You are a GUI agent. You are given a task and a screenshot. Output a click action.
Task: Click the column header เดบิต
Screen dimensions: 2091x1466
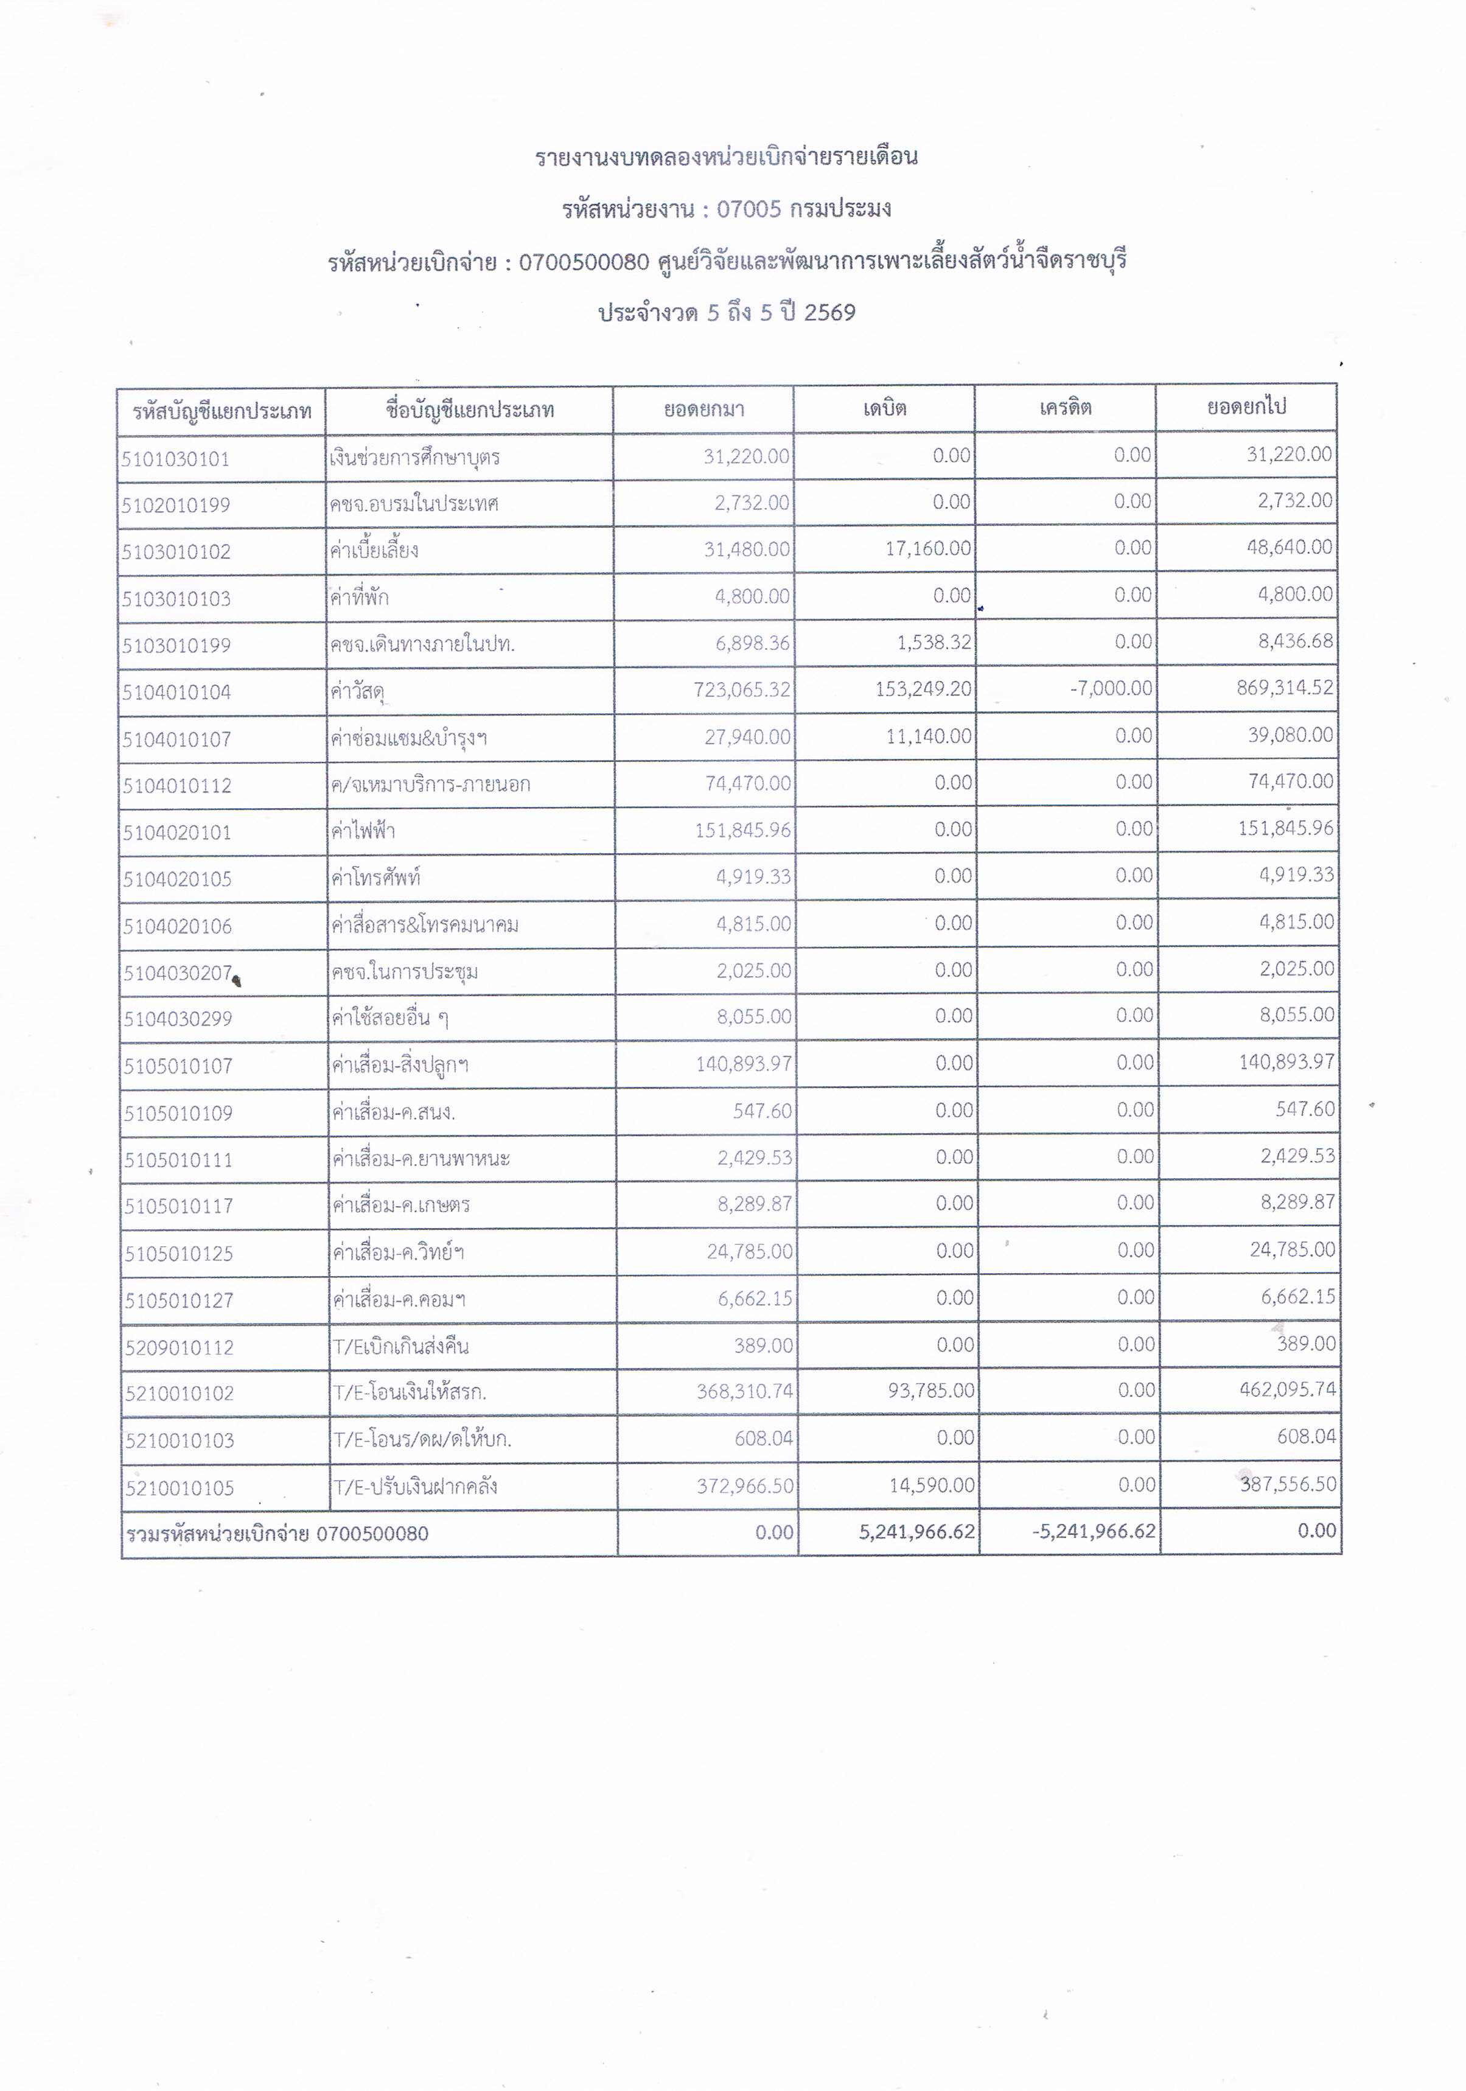pos(884,408)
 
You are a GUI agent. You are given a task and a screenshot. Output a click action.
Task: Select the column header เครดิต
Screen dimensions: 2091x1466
pos(1064,407)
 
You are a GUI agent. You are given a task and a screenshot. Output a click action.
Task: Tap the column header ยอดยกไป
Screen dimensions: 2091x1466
pos(1246,406)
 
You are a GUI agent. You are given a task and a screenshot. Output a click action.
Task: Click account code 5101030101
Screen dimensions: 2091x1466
pos(176,459)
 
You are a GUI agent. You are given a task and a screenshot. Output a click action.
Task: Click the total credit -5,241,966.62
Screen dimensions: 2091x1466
pos(1094,1532)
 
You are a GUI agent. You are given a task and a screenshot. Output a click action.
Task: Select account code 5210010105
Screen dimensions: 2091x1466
pos(180,1488)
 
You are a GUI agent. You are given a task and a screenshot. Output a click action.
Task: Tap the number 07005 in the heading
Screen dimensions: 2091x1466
pos(749,209)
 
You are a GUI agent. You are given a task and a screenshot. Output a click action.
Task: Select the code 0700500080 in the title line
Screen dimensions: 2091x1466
pos(584,262)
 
